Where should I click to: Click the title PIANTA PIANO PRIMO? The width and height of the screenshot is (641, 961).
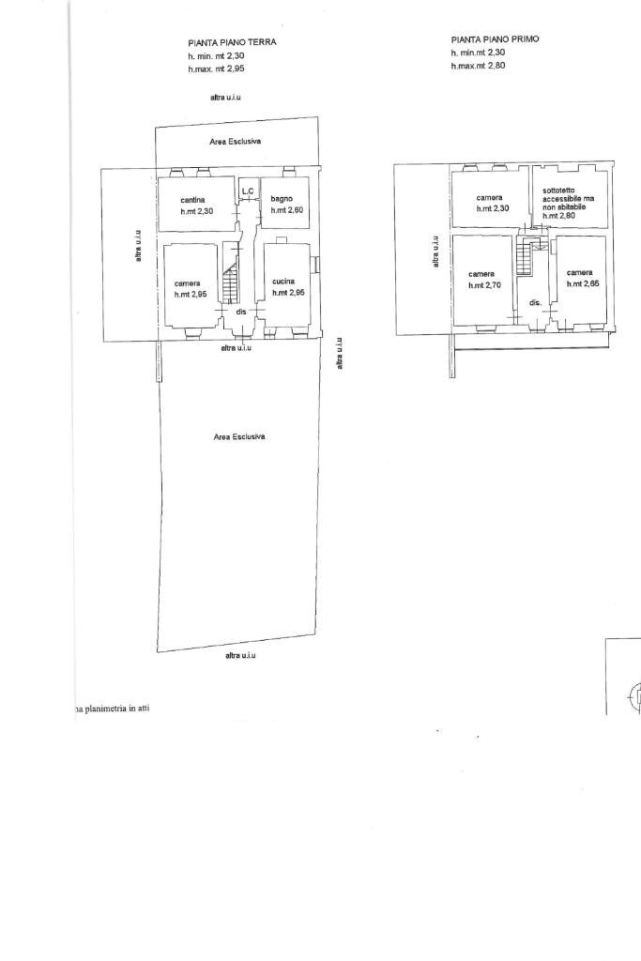(495, 39)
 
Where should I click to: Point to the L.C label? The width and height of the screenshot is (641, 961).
(248, 191)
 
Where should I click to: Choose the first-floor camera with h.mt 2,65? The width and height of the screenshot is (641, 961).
(579, 278)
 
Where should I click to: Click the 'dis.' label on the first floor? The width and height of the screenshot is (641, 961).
(535, 303)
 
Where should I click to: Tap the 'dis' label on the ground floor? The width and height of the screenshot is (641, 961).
(241, 312)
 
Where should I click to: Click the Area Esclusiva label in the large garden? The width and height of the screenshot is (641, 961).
(238, 436)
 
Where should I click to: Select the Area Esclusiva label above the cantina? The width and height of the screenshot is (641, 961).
(235, 141)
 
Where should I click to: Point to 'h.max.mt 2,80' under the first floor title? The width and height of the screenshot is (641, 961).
(478, 66)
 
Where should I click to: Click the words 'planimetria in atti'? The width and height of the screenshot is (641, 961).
(115, 709)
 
